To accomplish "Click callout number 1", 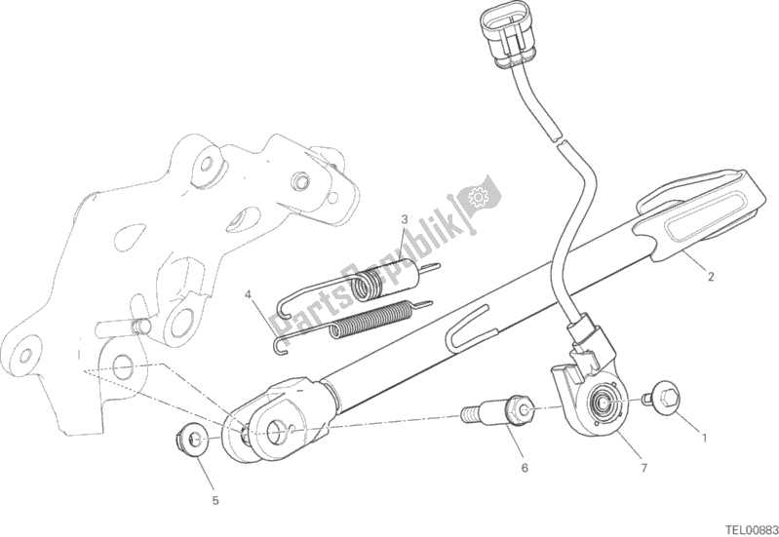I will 702,437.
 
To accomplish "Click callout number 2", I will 711,276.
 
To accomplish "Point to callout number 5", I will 215,501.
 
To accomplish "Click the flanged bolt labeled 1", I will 665,396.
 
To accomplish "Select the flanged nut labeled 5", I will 192,441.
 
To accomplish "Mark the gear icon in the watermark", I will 479,199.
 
